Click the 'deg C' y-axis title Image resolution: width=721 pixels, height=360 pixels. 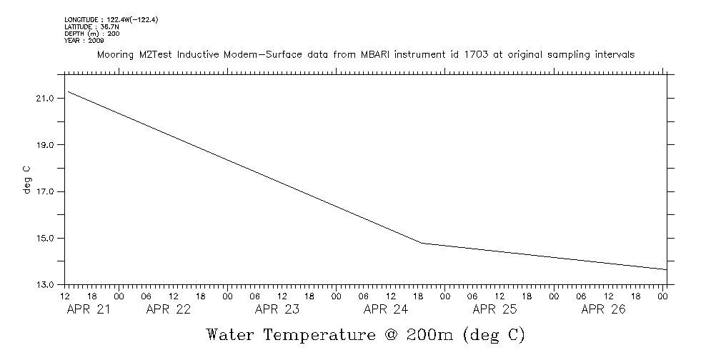(27, 180)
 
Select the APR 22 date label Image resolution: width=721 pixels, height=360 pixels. (168, 309)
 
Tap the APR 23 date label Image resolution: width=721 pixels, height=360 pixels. (277, 309)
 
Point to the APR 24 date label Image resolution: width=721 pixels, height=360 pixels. (386, 309)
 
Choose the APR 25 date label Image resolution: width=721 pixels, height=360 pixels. (494, 309)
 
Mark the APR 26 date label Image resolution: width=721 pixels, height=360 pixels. (603, 309)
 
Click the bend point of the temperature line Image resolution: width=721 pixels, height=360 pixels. (422, 244)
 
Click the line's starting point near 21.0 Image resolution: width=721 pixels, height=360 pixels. (66, 91)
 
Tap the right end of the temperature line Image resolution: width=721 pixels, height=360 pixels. (666, 269)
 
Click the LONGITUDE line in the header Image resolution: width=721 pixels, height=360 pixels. (111, 19)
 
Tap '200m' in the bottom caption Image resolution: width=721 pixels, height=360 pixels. (432, 334)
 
